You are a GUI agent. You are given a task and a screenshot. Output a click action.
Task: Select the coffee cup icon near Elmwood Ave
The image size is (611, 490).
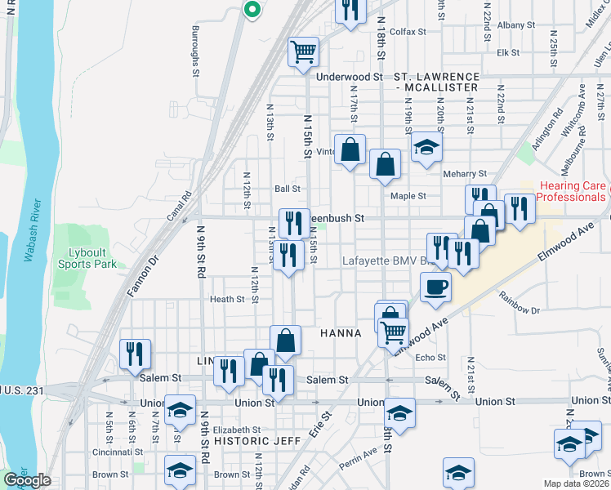(x=435, y=287)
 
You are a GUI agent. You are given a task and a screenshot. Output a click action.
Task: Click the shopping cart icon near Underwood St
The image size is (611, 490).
(x=303, y=51)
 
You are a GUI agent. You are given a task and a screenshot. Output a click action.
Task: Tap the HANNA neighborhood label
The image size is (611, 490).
(x=341, y=333)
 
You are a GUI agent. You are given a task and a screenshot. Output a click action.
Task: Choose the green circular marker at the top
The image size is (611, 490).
(x=252, y=10)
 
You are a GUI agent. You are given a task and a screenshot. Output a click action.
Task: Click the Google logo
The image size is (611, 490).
(x=27, y=480)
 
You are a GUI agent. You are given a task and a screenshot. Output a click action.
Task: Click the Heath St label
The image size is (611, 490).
(x=227, y=300)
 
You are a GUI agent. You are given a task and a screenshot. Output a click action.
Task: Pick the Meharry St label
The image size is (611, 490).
(x=464, y=174)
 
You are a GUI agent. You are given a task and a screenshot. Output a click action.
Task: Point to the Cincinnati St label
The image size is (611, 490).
(x=91, y=452)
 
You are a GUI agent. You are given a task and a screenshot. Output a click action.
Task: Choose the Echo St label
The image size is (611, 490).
(x=430, y=358)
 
